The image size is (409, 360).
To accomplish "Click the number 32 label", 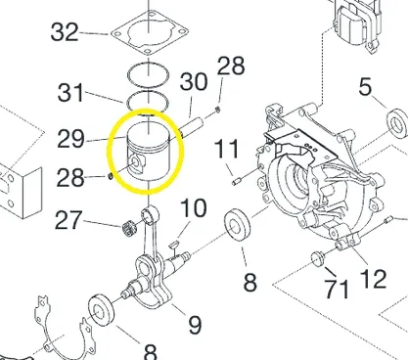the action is pos(65,32).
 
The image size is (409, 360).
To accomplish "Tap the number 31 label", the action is pos(70,92).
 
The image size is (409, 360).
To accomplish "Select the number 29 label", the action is pos(70,139).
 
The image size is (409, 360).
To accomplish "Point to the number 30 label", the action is pos(194,81).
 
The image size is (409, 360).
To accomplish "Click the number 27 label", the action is pos(68,220).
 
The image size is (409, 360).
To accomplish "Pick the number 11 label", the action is pos(227,150).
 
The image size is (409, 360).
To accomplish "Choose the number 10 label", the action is pos(194,207).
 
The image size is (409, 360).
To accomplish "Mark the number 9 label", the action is pos(195,325).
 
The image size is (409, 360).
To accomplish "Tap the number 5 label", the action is pos(365,87).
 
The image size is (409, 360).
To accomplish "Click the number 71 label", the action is pos(337,289).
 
